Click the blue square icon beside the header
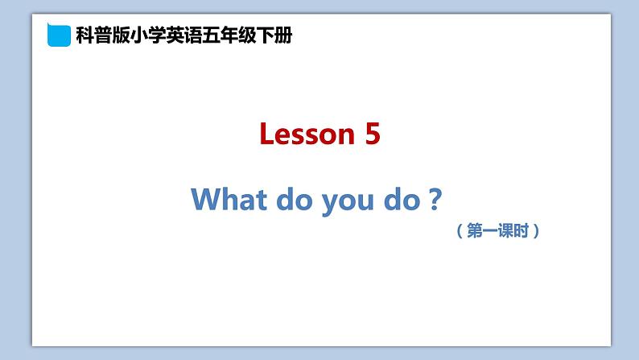(59, 35)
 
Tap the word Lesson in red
(307, 134)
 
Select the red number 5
(373, 134)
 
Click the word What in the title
(229, 199)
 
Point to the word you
(348, 202)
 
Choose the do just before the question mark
(402, 199)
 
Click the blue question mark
(435, 199)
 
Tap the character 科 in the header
(85, 35)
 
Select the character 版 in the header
(121, 35)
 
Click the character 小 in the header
(139, 35)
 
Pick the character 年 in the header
(229, 35)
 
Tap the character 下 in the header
(266, 35)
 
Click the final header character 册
(283, 35)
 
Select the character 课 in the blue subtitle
(505, 231)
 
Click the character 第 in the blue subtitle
(474, 231)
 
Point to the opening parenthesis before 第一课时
(460, 231)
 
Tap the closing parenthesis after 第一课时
(536, 231)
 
